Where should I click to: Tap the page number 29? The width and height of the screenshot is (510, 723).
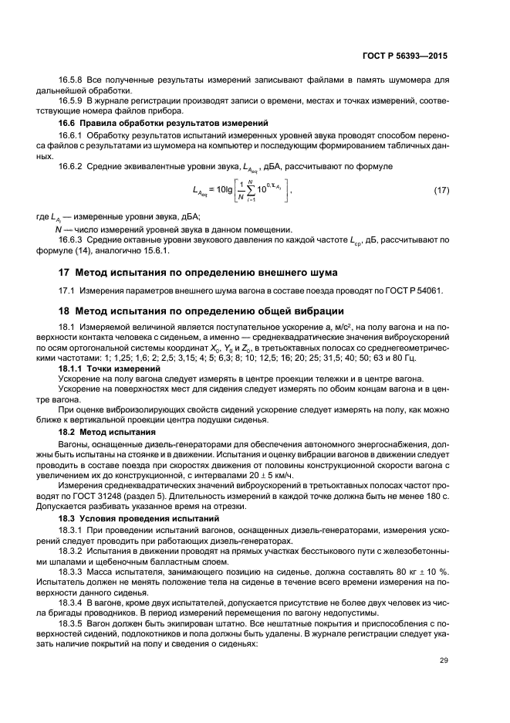click(443, 660)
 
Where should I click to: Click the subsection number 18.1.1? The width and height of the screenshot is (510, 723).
click(73, 369)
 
